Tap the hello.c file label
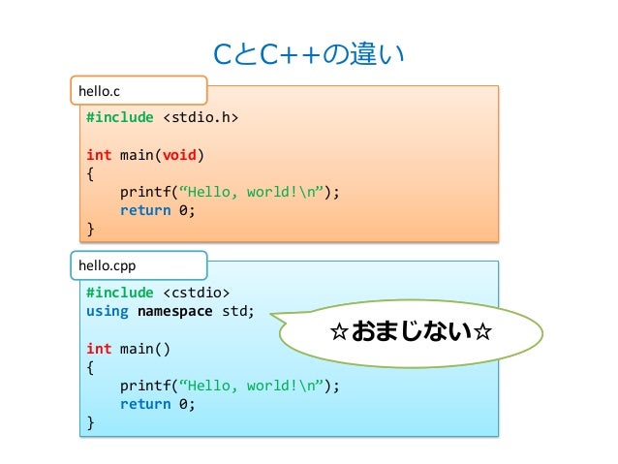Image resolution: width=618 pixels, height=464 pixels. click(100, 91)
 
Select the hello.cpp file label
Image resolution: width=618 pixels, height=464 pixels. click(107, 264)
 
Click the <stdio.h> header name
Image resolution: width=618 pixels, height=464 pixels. click(200, 118)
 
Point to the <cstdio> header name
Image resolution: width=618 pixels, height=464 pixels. click(196, 293)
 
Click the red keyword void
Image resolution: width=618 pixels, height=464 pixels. click(182, 155)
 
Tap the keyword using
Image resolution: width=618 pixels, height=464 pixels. click(107, 311)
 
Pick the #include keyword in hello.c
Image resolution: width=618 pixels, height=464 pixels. click(119, 118)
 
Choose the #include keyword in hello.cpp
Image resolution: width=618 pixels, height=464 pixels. click(119, 293)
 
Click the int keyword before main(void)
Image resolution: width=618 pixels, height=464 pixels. click(98, 155)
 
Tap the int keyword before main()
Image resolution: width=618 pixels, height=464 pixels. click(98, 348)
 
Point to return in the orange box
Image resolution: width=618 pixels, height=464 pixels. click(144, 210)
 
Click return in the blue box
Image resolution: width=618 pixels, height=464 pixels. click(144, 404)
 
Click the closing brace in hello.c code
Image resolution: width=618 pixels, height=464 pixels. click(90, 229)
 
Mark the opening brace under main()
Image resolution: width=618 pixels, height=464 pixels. click(90, 367)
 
